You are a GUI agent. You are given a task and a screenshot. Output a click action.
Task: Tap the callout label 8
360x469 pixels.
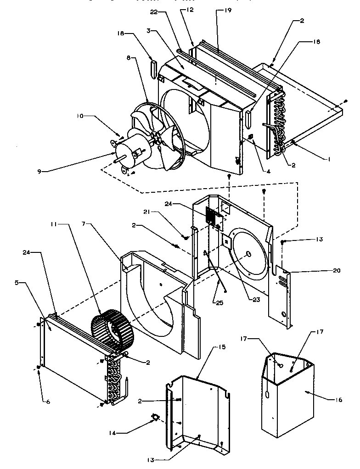click(129, 58)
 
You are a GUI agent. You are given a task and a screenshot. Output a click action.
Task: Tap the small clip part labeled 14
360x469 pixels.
click(155, 417)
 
